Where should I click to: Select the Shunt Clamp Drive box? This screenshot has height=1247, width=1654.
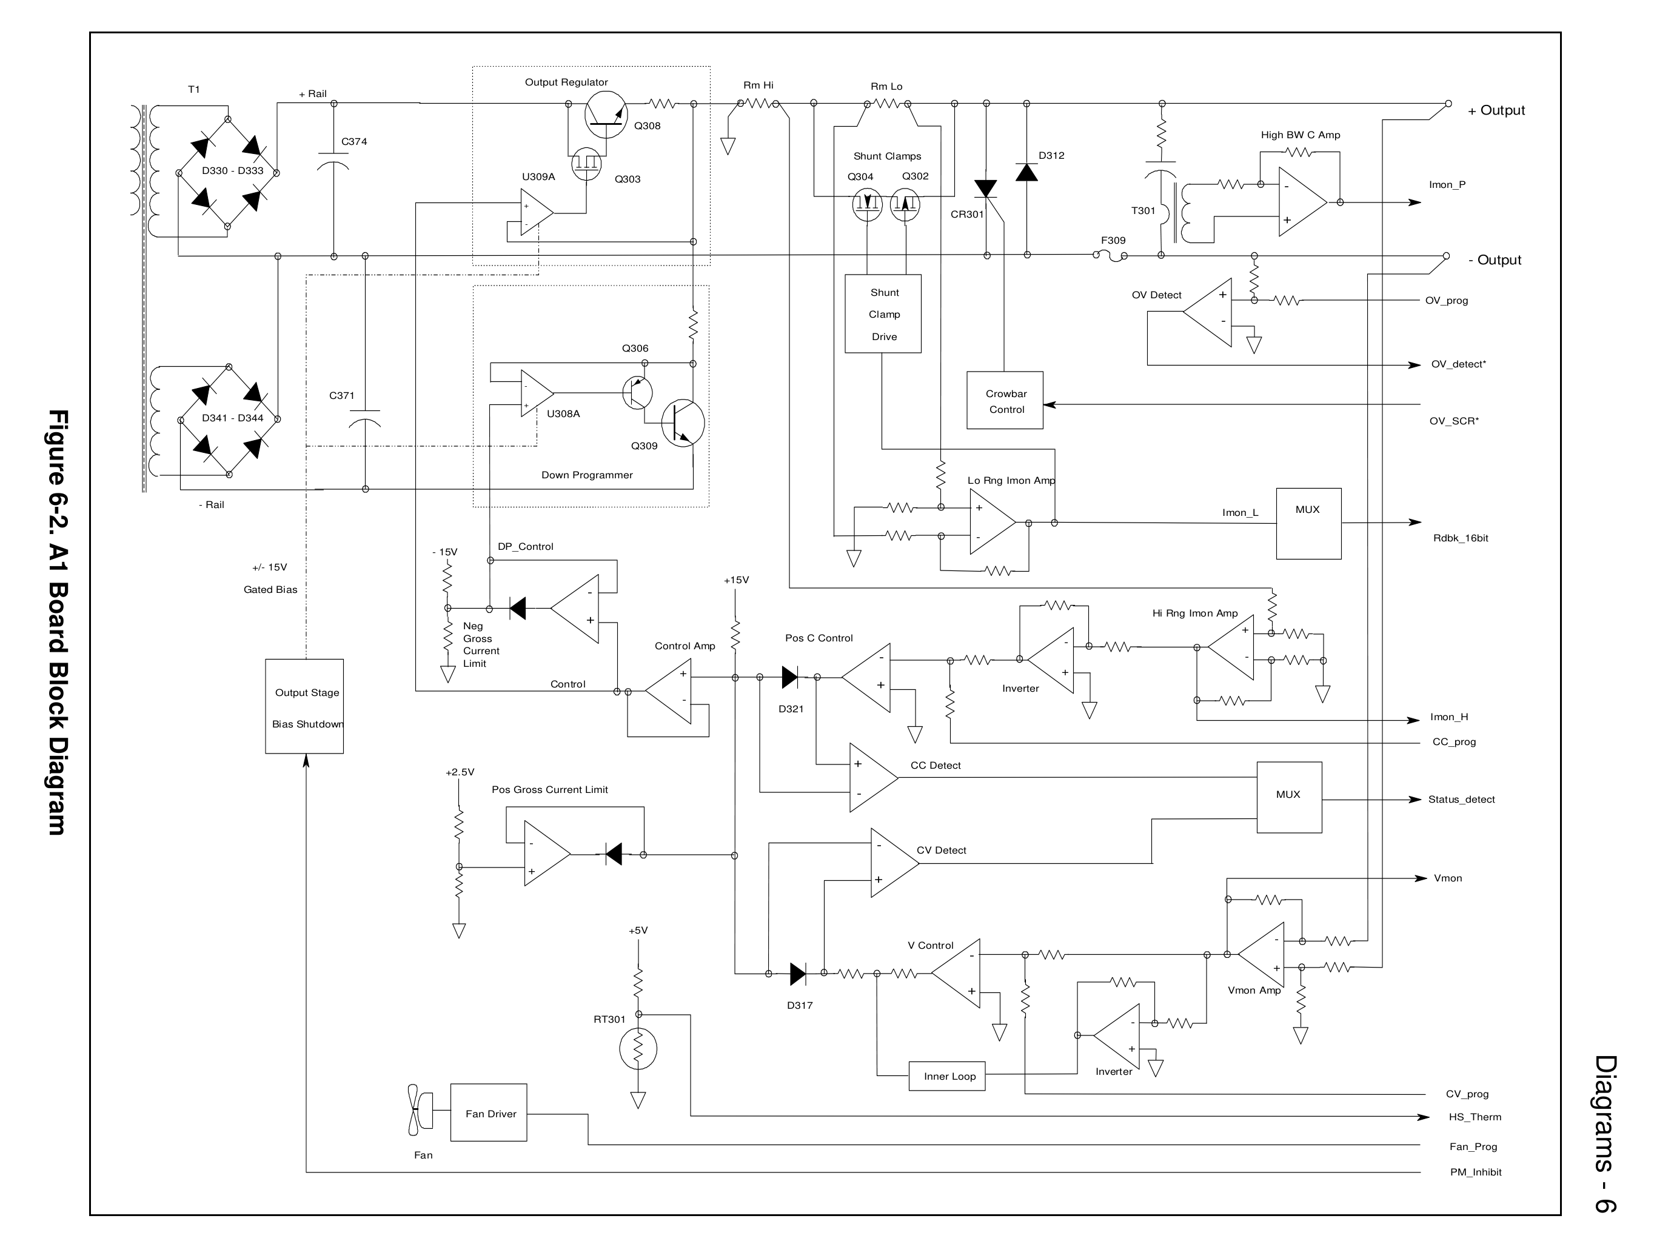(x=882, y=313)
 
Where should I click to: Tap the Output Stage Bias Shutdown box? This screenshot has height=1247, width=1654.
(x=304, y=706)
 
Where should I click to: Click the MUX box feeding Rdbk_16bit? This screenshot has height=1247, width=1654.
(x=1308, y=523)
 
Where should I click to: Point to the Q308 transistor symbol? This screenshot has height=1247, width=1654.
(x=605, y=115)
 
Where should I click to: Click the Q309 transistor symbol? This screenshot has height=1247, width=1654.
(x=682, y=423)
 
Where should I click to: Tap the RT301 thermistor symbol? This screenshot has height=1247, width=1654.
(x=638, y=1048)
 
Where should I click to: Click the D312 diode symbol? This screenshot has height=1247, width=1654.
(x=1026, y=173)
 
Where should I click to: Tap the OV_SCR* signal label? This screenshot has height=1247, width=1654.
(x=1453, y=421)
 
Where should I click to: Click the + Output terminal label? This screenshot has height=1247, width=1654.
(x=1496, y=111)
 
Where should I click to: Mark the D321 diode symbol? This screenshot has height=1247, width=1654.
(x=789, y=677)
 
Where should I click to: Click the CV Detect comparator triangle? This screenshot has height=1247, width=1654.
(x=893, y=863)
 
